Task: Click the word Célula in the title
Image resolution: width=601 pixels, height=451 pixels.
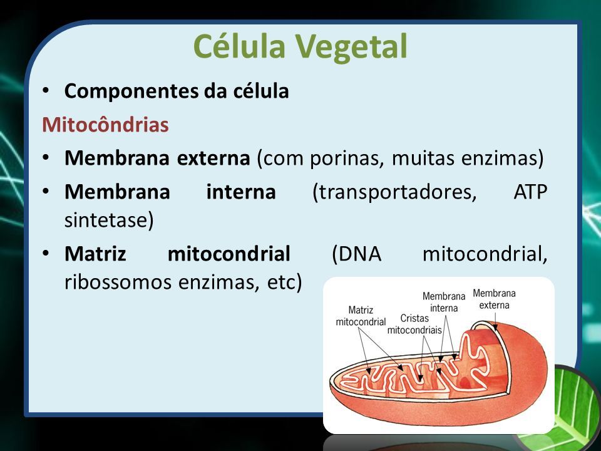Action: [x=240, y=46]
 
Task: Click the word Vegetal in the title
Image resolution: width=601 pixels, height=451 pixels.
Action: [x=351, y=46]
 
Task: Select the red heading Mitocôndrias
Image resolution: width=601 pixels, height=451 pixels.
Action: [x=105, y=124]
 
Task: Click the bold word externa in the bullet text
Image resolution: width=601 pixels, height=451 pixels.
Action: [x=213, y=158]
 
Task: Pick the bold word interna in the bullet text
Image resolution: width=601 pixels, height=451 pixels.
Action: [x=241, y=192]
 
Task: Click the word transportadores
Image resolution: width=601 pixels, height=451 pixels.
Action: [x=394, y=192]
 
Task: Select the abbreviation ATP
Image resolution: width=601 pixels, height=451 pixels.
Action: [x=530, y=192]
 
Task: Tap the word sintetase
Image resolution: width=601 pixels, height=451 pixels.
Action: [x=109, y=220]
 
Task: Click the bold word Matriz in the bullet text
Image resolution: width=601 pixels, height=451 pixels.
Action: [x=95, y=254]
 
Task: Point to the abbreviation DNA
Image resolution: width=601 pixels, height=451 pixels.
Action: [x=356, y=254]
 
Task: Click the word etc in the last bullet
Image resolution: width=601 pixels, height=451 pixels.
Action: [x=284, y=283]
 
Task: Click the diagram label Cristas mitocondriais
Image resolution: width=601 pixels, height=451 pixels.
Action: [x=414, y=324]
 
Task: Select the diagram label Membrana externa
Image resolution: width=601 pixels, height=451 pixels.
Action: [x=494, y=299]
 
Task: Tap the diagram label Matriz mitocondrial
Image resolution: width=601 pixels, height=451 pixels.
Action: [x=361, y=316]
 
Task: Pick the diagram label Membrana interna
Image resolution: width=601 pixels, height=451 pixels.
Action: [x=444, y=302]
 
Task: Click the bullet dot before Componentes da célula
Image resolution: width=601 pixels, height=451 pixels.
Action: [x=46, y=91]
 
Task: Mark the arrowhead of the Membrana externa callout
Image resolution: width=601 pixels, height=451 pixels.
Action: [x=495, y=328]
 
